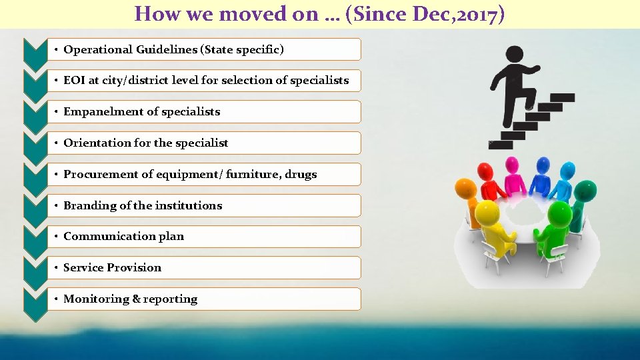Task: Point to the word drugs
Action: [x=301, y=174]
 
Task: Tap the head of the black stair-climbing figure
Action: [x=514, y=54]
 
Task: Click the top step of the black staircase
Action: [x=562, y=97]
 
